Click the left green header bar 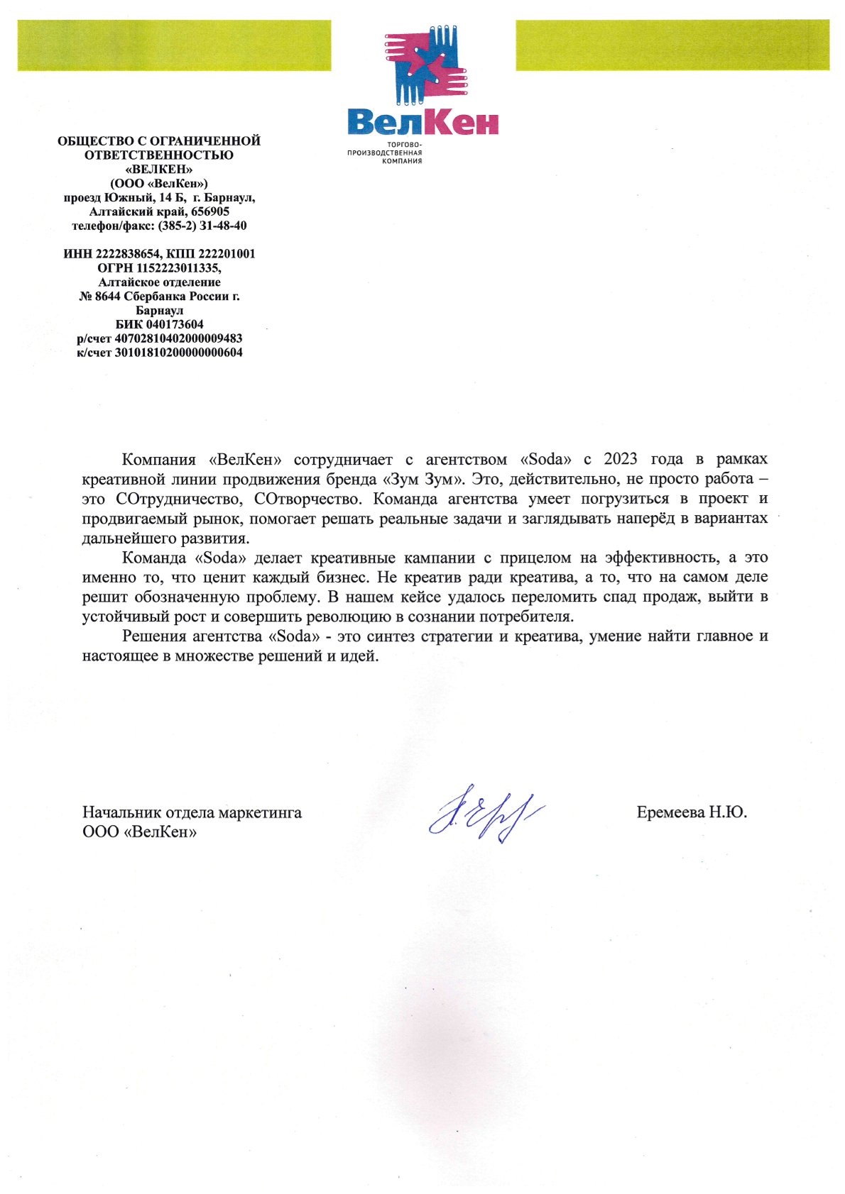click(x=174, y=45)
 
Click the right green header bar click(x=672, y=45)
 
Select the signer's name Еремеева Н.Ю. click(x=692, y=812)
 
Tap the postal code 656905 click(x=210, y=211)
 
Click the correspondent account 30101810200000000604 click(x=178, y=353)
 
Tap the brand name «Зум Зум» click(x=423, y=479)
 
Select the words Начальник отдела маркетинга click(x=192, y=812)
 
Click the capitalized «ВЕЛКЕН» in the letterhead click(x=159, y=170)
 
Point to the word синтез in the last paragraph click(x=390, y=636)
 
